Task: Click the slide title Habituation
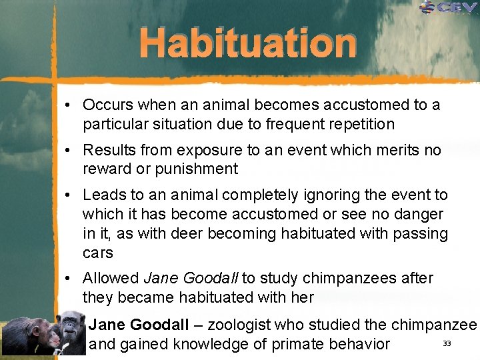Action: click(248, 44)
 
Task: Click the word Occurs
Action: click(107, 105)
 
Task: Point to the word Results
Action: click(109, 151)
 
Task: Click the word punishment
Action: click(196, 169)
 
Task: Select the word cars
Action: click(98, 253)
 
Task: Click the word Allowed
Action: click(111, 279)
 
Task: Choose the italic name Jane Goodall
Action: click(191, 279)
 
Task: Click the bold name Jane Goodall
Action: click(139, 325)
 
